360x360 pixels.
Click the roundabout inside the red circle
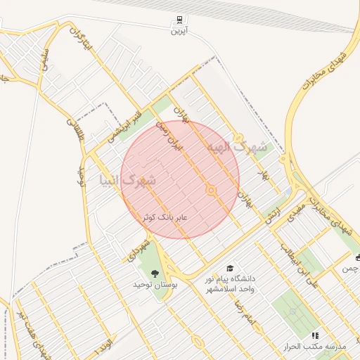(210, 191)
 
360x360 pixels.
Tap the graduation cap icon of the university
(230, 268)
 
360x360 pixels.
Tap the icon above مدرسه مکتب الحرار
(314, 336)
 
